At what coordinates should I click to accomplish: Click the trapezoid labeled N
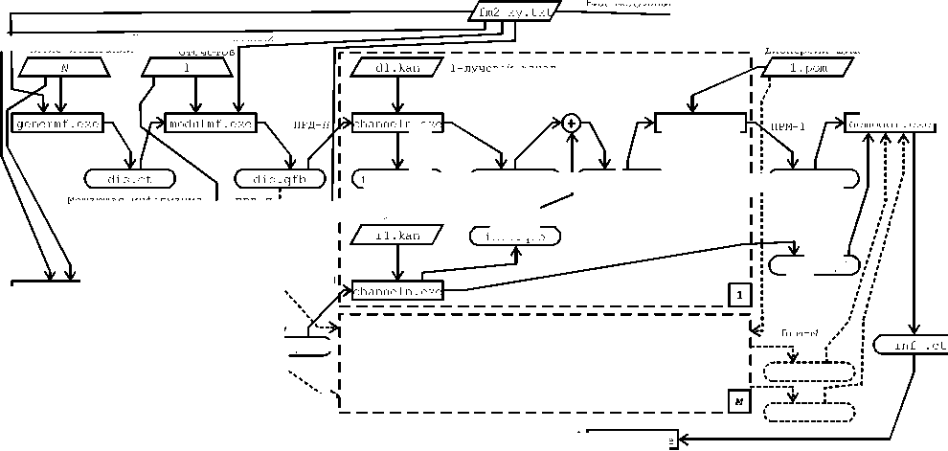pos(63,67)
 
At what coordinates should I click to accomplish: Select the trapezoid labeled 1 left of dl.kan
pos(187,67)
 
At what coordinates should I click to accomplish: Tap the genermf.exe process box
pos(56,124)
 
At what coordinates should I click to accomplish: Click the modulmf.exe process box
pos(210,124)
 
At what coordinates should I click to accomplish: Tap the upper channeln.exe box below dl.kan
pos(397,124)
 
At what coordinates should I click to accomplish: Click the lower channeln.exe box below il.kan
pos(397,289)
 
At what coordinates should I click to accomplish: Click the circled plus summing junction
pos(572,123)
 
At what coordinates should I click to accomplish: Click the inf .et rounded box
pos(912,345)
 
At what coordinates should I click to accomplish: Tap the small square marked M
pos(738,402)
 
